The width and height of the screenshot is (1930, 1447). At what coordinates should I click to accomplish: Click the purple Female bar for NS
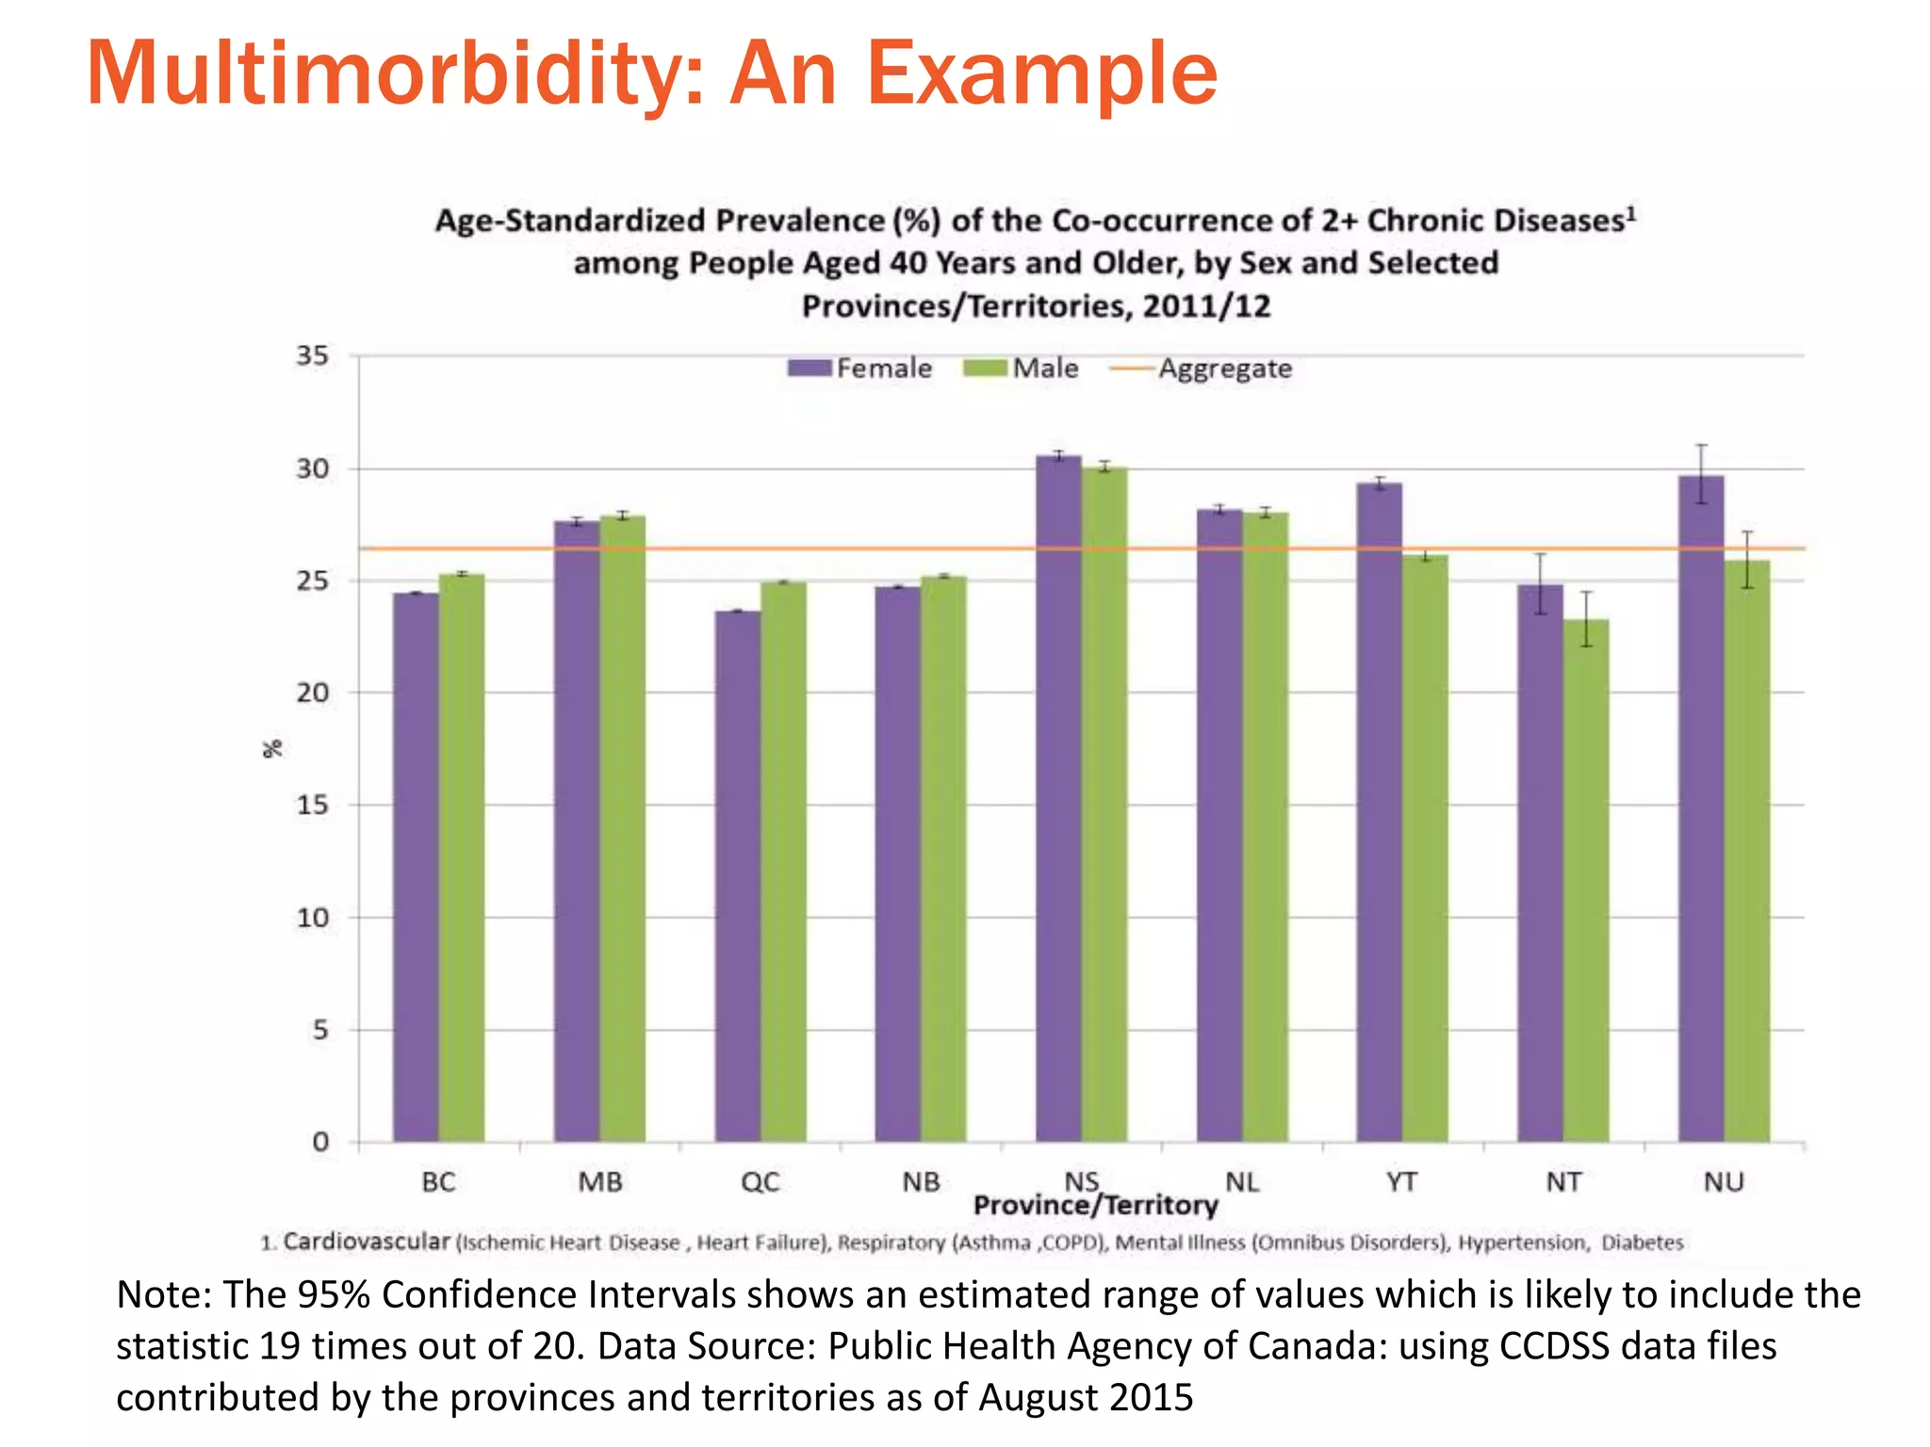[x=1058, y=801]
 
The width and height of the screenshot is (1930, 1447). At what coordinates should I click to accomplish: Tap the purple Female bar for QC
[x=737, y=876]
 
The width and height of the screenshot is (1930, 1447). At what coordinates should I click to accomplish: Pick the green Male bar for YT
[x=1425, y=848]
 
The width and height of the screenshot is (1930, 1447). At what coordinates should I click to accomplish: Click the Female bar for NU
[x=1701, y=810]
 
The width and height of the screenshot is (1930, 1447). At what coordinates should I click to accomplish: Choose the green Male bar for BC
[x=462, y=857]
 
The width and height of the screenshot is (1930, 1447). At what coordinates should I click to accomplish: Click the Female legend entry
[x=860, y=368]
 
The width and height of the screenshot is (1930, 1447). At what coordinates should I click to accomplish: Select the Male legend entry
[x=1022, y=368]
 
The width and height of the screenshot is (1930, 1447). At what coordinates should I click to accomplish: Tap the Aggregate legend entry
[x=1202, y=368]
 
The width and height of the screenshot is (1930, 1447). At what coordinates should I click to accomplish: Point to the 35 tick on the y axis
[x=313, y=356]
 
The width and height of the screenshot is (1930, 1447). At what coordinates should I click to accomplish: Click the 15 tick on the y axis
[x=313, y=805]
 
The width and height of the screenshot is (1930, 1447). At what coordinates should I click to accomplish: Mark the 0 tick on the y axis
[x=320, y=1143]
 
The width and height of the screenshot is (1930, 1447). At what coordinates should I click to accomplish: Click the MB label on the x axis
[x=600, y=1182]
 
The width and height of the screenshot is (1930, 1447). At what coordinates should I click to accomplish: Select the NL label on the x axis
[x=1242, y=1182]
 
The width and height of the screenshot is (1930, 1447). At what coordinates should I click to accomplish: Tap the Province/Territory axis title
[x=1095, y=1206]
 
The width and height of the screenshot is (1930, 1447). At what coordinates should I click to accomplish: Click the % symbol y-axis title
[x=272, y=749]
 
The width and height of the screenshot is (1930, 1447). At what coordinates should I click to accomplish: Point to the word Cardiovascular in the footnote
[x=367, y=1242]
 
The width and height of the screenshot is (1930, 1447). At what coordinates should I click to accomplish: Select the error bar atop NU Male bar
[x=1747, y=560]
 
